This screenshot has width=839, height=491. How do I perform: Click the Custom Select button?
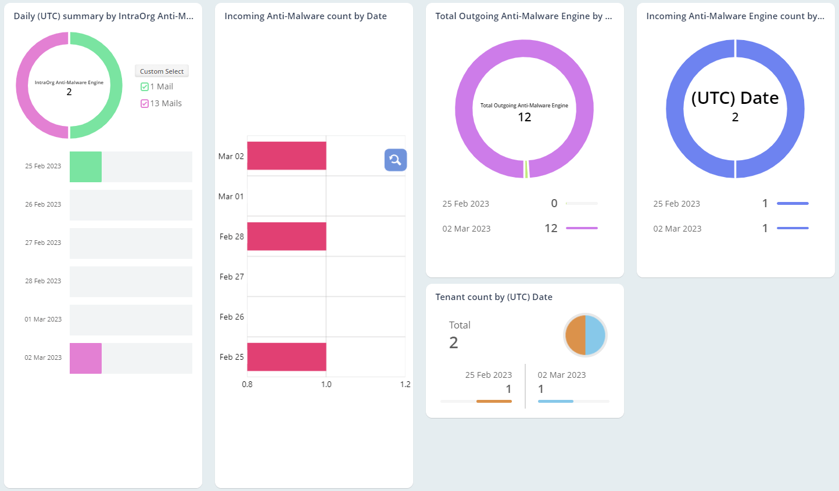(162, 71)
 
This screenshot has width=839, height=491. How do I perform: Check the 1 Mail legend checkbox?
(145, 86)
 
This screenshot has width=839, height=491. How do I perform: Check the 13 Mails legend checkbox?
(145, 103)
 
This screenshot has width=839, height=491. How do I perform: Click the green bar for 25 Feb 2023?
(85, 167)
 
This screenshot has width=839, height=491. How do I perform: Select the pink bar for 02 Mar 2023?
(85, 358)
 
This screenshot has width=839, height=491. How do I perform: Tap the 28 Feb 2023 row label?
(43, 281)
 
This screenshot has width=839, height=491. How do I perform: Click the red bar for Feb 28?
(286, 236)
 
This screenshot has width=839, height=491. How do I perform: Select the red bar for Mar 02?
(286, 156)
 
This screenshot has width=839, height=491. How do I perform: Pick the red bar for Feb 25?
(286, 357)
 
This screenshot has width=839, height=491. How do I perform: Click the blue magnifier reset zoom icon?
(395, 160)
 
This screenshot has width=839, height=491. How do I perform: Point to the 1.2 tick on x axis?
(405, 384)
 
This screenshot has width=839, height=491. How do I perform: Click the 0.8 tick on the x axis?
(248, 384)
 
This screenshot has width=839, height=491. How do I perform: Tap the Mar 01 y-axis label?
(231, 196)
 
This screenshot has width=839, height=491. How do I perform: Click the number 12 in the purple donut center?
(524, 117)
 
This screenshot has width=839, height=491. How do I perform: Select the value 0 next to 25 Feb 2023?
(554, 203)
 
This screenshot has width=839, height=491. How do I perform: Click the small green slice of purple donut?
(526, 169)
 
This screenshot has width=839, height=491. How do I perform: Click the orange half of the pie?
(576, 335)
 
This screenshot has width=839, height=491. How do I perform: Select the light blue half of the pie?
(596, 335)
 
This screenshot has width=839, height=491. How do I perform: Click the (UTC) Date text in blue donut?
(734, 98)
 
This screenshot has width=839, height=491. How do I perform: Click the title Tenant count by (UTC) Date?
(493, 297)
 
